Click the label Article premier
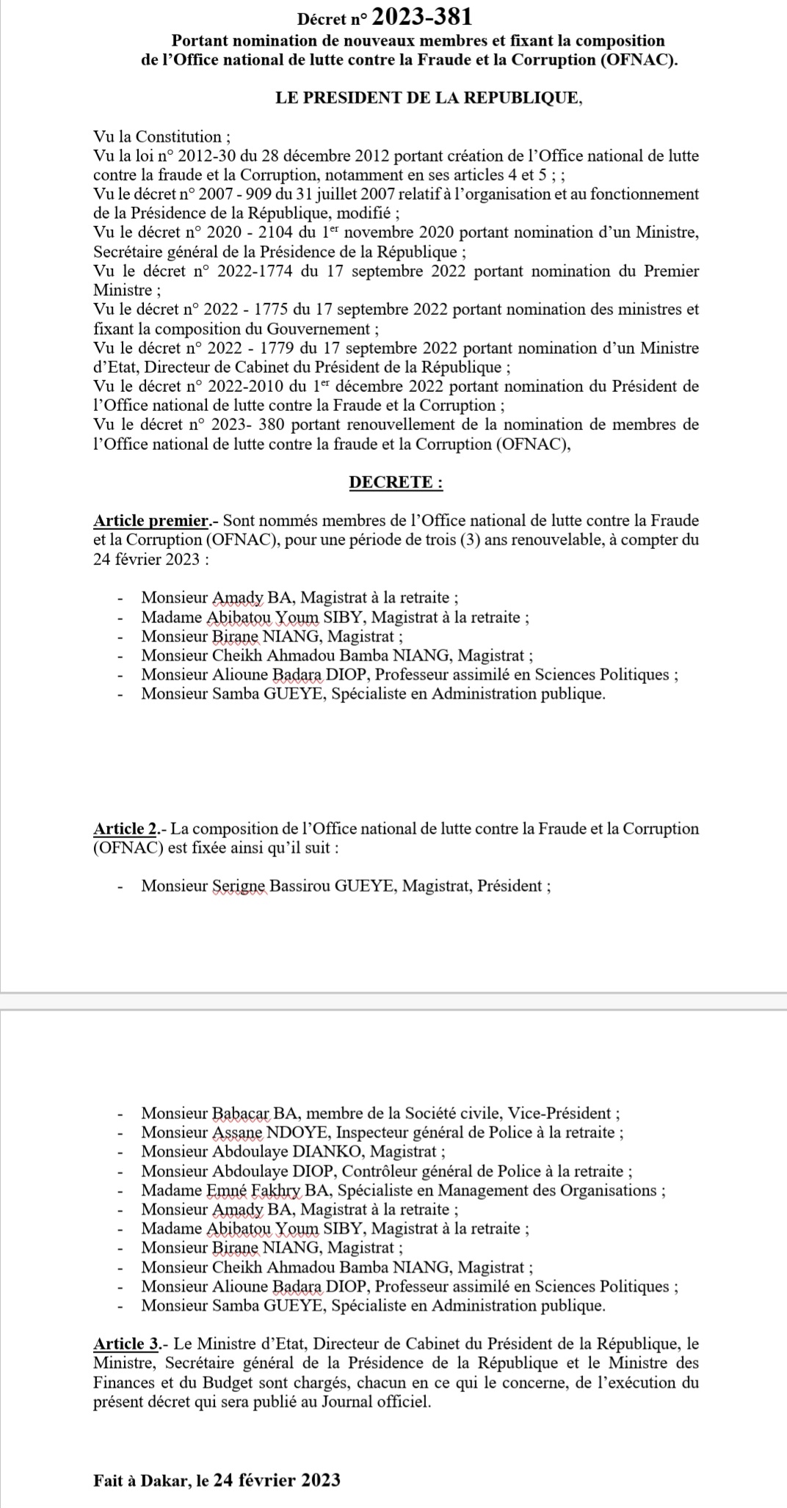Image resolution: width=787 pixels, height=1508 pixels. coord(151,521)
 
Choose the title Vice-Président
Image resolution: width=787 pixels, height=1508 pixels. coord(559,1113)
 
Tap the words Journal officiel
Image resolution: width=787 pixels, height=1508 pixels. coord(370,1402)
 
